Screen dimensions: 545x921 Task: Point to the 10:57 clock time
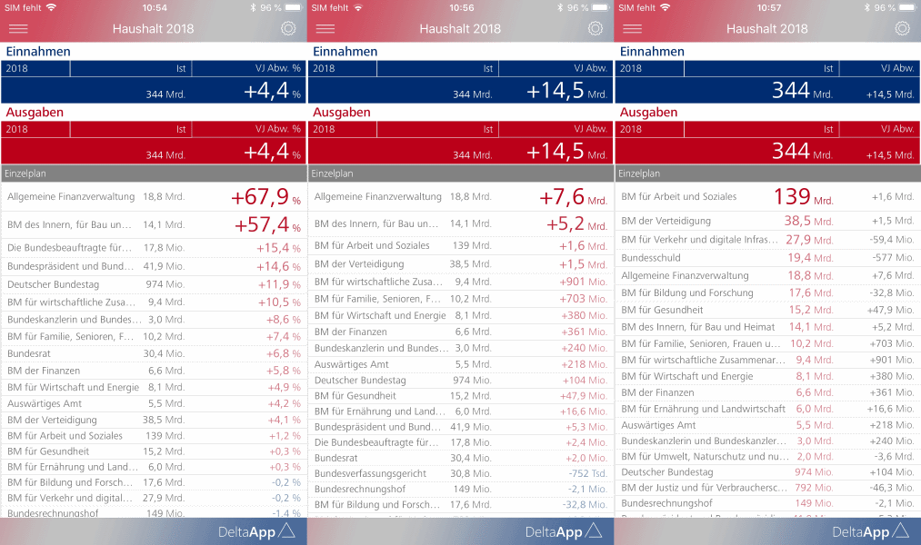coord(767,7)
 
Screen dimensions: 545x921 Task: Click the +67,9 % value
coord(265,197)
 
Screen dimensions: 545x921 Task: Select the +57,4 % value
coord(267,224)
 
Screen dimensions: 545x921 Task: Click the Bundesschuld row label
coord(650,258)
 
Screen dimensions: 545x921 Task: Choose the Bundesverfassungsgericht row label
coord(370,473)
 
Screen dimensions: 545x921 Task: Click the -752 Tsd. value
coord(587,473)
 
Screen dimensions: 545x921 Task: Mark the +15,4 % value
coord(278,248)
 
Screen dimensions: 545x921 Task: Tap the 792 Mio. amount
coord(814,488)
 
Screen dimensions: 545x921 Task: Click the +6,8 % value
coord(283,353)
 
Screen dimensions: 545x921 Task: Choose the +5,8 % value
coord(283,371)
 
